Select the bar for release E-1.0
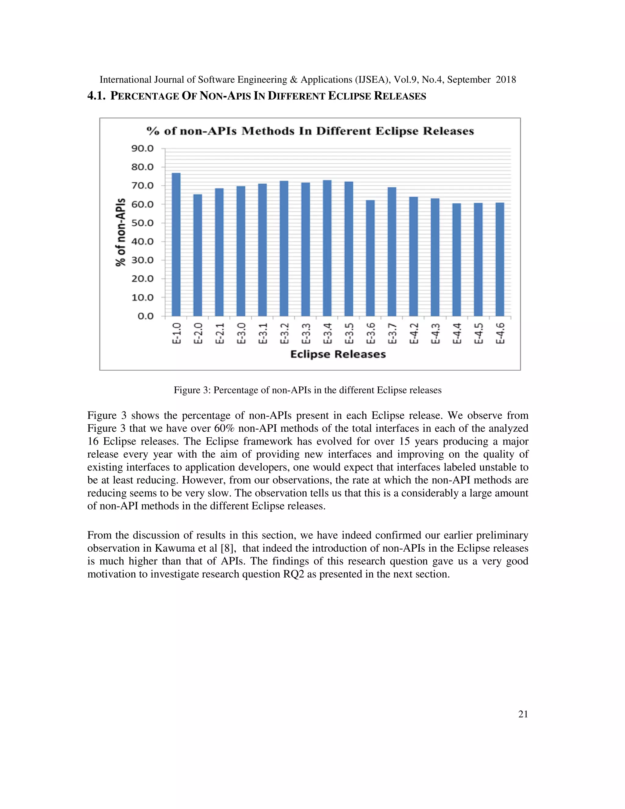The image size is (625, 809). click(x=176, y=245)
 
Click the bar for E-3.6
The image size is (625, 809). click(x=370, y=258)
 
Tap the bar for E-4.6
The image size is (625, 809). click(x=500, y=259)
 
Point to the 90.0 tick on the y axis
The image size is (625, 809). click(x=143, y=149)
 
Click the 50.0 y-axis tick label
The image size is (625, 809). click(x=143, y=223)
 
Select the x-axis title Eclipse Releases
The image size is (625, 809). click(x=338, y=354)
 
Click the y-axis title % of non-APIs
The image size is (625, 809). click(x=120, y=232)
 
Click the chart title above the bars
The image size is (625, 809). click(x=310, y=131)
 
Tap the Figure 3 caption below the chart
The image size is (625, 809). click(x=307, y=390)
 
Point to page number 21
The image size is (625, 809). click(x=523, y=714)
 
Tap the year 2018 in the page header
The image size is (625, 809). click(x=506, y=80)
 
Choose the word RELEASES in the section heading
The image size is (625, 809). click(x=400, y=96)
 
